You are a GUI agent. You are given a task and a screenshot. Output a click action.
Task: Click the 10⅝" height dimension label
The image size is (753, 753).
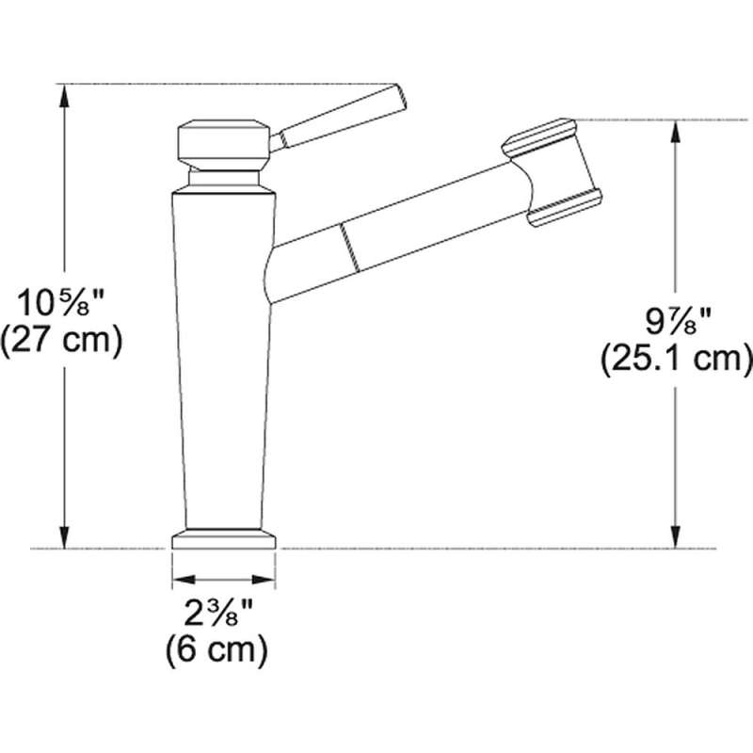(x=61, y=303)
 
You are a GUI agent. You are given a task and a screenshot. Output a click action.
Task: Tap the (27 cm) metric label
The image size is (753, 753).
(x=61, y=341)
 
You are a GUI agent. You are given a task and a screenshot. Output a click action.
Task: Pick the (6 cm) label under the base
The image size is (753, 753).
(x=216, y=649)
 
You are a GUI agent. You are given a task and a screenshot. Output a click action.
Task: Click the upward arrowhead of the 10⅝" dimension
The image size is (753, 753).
(x=64, y=100)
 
